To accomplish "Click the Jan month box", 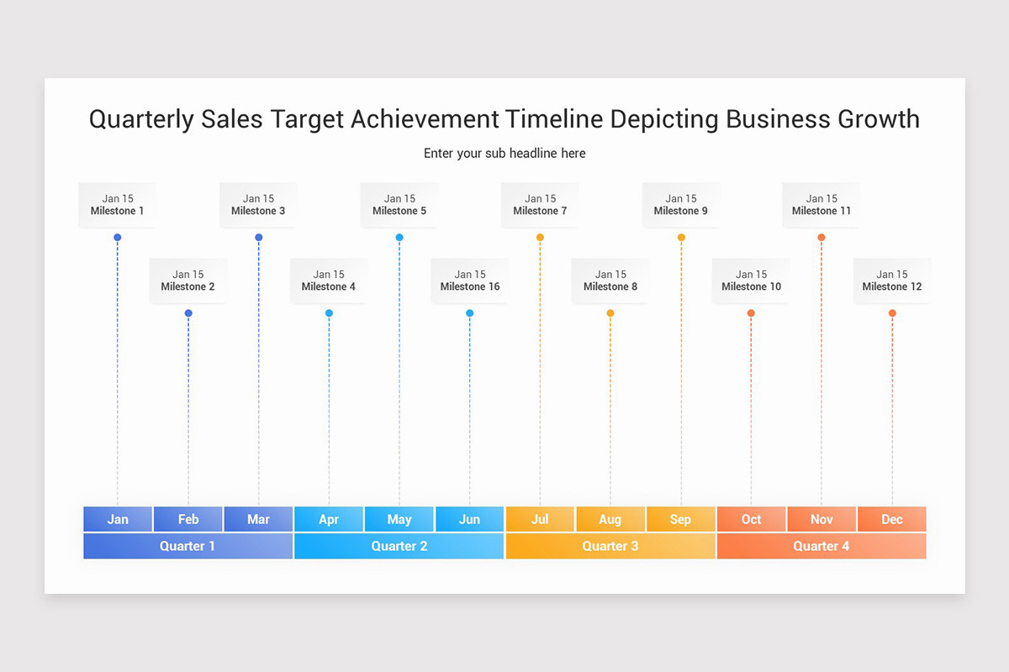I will (118, 519).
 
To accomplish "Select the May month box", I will (399, 519).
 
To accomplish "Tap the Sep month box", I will (680, 519).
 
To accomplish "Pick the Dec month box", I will (892, 519).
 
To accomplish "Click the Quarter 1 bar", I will (188, 546).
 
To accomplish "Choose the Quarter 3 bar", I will (610, 546).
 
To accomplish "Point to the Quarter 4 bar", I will (821, 546).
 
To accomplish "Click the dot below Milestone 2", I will (188, 313).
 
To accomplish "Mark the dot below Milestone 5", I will (399, 238).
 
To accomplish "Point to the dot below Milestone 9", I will (681, 238).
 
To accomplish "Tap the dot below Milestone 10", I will (751, 313).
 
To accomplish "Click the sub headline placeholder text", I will (504, 154).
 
